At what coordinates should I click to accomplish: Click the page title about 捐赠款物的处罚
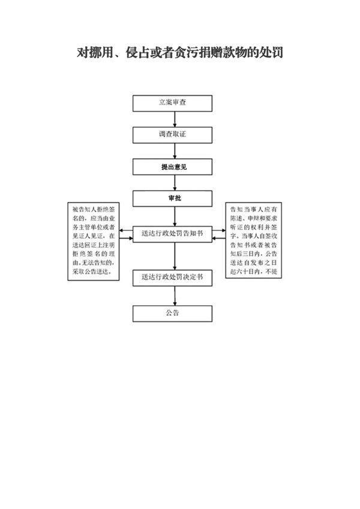coord(180,53)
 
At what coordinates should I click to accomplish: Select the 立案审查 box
coord(173,103)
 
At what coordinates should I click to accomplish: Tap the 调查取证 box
coord(173,135)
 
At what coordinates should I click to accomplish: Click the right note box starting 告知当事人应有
coord(253,240)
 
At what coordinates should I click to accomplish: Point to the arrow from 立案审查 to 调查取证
coord(173,119)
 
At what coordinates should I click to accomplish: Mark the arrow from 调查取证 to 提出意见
coord(173,150)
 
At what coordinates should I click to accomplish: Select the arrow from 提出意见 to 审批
coord(173,182)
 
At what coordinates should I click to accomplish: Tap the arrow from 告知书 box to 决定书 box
coord(173,255)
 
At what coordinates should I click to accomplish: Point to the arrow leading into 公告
coord(173,296)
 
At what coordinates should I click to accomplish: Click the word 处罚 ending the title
coord(271,53)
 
